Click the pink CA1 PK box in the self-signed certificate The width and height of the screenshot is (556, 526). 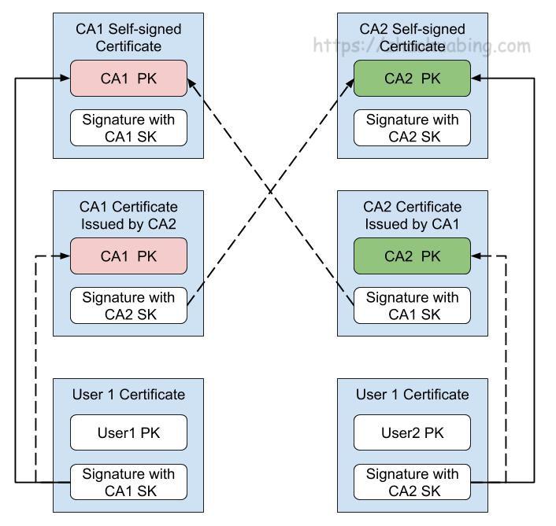point(128,79)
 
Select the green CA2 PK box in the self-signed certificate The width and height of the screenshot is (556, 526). point(412,79)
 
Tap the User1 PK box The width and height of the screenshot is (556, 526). point(128,432)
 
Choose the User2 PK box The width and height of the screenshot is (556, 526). point(412,432)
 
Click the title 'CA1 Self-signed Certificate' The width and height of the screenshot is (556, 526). point(128,37)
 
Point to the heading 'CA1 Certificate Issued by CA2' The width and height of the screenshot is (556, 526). point(128,214)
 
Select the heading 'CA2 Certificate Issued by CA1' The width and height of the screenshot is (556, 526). point(412,214)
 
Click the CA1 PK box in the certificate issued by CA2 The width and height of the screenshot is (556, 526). point(128,256)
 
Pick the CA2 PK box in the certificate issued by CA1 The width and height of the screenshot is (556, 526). point(412,256)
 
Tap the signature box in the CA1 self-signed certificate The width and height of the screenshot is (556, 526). point(128,127)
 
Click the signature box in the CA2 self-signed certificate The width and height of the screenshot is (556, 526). point(412,127)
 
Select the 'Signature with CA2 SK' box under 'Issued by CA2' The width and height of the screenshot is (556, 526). point(128,305)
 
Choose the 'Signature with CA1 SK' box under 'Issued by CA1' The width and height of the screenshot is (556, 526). point(412,305)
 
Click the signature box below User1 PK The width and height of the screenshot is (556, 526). point(128,482)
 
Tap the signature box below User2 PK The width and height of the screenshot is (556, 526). point(412,482)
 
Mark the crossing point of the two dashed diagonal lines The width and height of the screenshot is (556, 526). point(270,191)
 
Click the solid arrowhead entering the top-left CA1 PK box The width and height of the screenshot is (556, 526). point(65,79)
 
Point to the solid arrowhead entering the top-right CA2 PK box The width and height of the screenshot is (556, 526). point(476,79)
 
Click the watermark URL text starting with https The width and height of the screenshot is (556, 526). point(422,45)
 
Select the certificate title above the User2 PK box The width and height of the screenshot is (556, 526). point(412,395)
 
